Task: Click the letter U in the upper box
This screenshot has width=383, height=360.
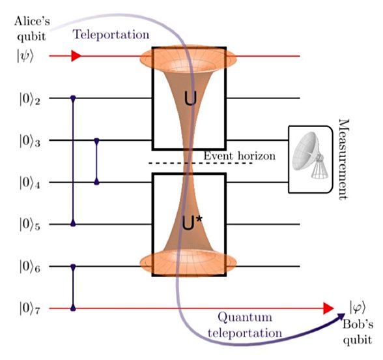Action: tap(190, 99)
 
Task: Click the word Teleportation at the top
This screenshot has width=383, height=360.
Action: tap(111, 35)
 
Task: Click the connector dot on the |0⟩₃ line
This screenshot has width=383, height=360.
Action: tap(97, 140)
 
